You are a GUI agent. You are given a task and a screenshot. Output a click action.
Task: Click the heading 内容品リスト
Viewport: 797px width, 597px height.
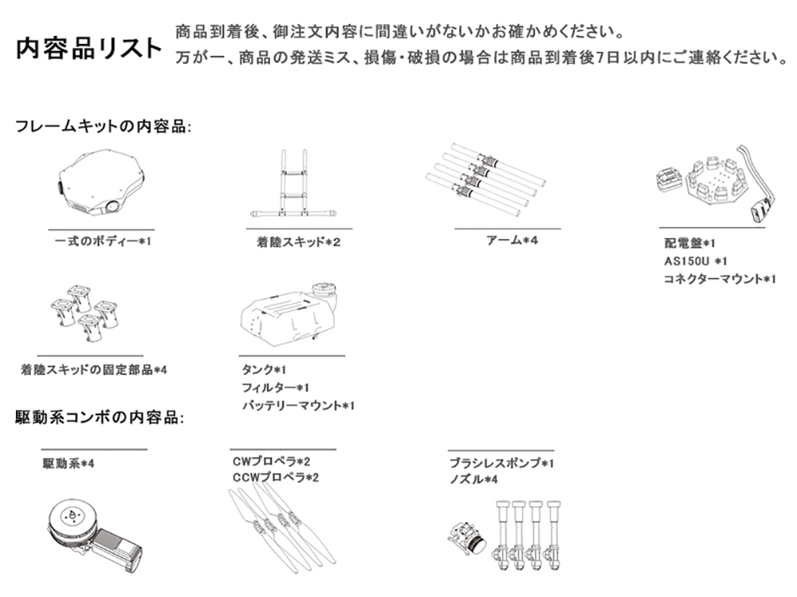click(x=89, y=49)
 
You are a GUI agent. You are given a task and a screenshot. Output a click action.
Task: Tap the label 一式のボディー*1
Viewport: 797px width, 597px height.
click(x=103, y=241)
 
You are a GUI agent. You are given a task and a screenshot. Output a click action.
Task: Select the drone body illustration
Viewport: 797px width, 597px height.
click(x=101, y=182)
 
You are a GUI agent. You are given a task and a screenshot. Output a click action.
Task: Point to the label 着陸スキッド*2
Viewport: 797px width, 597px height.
click(x=298, y=242)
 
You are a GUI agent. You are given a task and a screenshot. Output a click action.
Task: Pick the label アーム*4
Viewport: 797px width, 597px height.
click(x=512, y=240)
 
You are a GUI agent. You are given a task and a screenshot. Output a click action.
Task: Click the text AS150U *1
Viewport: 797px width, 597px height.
click(x=695, y=261)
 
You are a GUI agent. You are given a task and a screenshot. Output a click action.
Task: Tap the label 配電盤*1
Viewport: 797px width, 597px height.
click(x=689, y=243)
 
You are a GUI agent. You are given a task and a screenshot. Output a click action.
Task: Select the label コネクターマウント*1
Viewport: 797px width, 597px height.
click(x=720, y=279)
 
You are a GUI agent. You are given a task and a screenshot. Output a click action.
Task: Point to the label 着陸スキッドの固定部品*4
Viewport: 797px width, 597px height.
click(x=93, y=370)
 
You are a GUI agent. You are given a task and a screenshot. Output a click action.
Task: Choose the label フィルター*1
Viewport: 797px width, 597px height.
click(x=276, y=387)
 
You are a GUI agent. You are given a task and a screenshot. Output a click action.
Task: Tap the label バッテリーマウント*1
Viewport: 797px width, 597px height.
click(x=298, y=406)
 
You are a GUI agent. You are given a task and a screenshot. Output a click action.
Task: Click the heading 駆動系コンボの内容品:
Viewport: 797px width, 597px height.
click(x=100, y=418)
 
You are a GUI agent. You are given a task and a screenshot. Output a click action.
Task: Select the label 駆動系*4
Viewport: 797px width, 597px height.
click(x=68, y=464)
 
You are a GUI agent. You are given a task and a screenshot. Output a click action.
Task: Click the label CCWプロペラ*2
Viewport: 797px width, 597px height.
click(x=276, y=478)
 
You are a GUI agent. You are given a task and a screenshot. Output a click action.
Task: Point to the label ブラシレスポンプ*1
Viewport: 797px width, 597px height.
click(x=501, y=463)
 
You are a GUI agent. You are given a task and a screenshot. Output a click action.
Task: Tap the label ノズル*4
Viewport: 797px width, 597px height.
click(x=473, y=480)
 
